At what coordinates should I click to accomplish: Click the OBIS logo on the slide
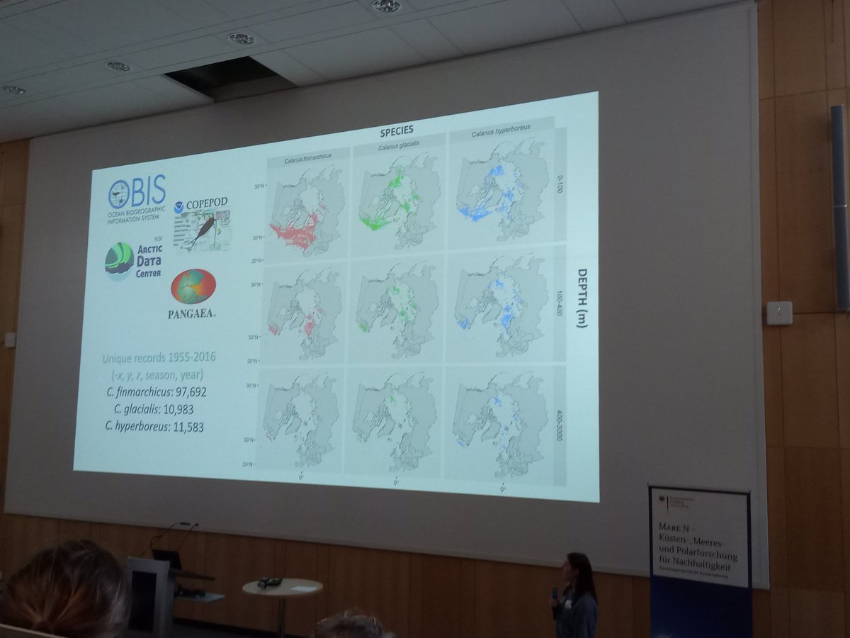[137, 193]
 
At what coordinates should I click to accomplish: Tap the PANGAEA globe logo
[193, 286]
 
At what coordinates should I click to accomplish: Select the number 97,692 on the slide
[183, 391]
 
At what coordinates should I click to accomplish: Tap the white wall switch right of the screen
[779, 313]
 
